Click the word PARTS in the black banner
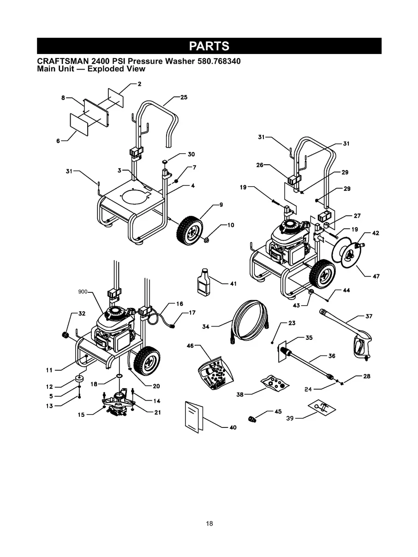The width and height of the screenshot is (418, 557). tap(209, 46)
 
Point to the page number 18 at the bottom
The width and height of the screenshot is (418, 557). tap(209, 523)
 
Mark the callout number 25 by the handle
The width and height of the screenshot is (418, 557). tap(184, 98)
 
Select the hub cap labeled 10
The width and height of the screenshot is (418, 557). tap(206, 240)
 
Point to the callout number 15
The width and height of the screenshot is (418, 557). tap(81, 415)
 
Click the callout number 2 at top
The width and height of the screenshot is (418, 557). tap(139, 84)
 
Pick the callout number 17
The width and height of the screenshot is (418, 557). tap(192, 313)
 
